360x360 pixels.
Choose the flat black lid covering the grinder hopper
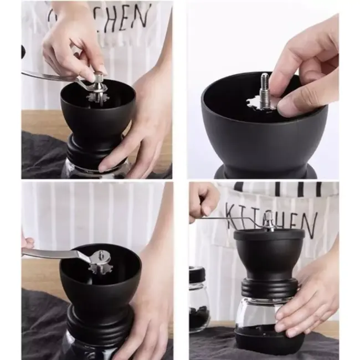[269, 234]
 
